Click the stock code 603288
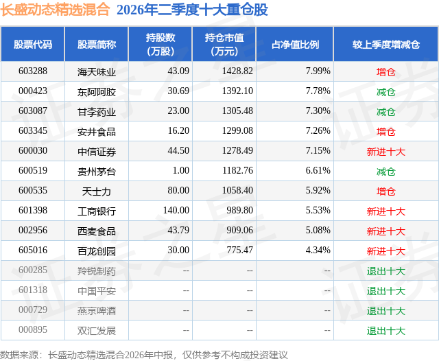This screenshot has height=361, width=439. [33, 71]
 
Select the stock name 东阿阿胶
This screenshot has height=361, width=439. [97, 92]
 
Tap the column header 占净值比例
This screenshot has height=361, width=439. [295, 44]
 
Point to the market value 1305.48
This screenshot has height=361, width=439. [237, 111]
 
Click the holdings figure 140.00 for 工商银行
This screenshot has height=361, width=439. [176, 210]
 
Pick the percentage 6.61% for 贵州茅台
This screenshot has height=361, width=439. [318, 171]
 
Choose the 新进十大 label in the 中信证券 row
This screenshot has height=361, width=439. [385, 152]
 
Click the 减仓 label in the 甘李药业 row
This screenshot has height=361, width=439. [385, 112]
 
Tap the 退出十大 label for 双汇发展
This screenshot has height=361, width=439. [385, 331]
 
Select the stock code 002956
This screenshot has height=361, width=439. [33, 230]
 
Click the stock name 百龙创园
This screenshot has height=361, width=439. [97, 251]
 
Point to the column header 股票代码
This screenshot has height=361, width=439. [33, 44]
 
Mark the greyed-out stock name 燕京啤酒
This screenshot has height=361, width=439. [97, 311]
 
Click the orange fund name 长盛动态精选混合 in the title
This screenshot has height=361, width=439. [55, 10]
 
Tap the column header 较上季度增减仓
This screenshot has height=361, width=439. [385, 44]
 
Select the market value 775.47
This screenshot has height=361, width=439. [239, 250]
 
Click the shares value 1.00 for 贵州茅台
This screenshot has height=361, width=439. [180, 171]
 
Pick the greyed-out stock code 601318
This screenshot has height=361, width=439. [33, 290]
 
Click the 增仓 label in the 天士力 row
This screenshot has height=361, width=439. [385, 191]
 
